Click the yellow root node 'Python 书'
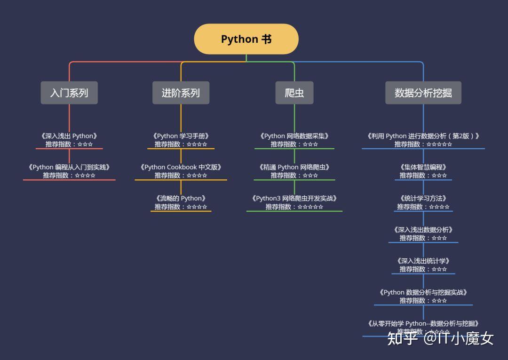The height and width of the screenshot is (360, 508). point(246,39)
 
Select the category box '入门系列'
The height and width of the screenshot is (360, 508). point(69,93)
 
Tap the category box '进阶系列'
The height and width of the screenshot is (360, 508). point(181,93)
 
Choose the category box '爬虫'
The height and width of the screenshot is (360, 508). point(294,93)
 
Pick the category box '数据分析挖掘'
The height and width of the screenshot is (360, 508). point(423,93)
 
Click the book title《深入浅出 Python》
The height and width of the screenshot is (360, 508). point(69,136)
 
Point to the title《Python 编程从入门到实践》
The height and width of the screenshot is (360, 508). point(69,167)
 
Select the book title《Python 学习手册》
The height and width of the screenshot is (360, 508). point(181,136)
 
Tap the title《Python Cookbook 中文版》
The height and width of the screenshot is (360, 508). point(181,167)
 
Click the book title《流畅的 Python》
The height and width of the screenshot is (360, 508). point(181,198)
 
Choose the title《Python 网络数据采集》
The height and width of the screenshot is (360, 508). point(294,136)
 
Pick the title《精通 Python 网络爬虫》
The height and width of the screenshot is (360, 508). point(294,167)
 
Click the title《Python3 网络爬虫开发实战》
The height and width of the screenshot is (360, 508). point(294,198)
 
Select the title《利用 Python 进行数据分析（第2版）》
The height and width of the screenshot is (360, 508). point(423,136)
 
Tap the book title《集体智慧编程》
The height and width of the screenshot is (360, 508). point(423,167)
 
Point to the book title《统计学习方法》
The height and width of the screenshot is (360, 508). point(423,198)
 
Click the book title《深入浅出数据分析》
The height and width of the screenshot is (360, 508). point(423,230)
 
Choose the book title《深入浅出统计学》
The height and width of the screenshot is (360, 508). point(423,261)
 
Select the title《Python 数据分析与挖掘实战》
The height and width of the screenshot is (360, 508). point(423,292)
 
